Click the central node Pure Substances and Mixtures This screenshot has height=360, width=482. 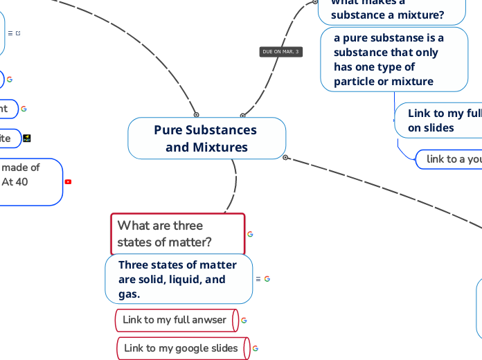(206, 138)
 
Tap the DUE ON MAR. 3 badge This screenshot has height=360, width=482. (280, 52)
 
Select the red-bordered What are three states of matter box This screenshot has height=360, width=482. (177, 234)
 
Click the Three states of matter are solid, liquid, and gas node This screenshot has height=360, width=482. (178, 279)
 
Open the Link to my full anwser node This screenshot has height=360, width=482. (175, 320)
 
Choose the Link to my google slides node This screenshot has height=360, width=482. (181, 348)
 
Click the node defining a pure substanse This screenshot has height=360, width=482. (393, 60)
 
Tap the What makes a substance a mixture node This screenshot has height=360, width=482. (388, 10)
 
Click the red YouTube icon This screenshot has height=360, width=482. (68, 182)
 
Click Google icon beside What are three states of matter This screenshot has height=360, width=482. (250, 234)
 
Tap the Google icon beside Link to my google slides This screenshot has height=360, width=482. (256, 348)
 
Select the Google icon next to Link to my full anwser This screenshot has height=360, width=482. (244, 321)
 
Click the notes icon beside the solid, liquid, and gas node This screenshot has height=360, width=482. (258, 279)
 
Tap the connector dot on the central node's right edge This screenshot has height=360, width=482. (285, 158)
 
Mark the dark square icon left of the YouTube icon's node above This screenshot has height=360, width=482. (27, 138)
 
